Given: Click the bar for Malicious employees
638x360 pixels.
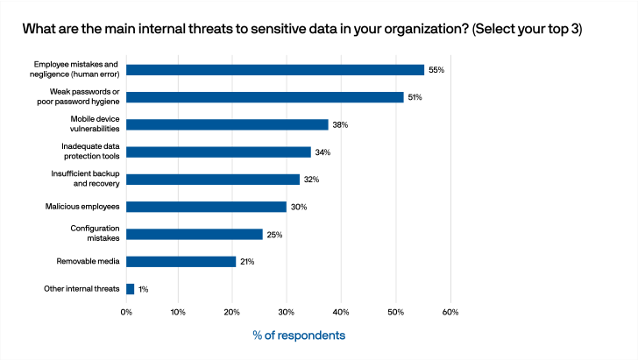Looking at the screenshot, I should (207, 207).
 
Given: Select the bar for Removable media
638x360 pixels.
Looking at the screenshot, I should (181, 261).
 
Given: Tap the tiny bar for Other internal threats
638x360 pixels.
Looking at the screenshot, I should (131, 288).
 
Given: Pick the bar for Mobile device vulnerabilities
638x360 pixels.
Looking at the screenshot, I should (228, 124).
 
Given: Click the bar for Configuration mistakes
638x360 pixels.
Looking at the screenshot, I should (195, 234).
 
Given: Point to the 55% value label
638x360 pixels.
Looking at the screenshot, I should (436, 70).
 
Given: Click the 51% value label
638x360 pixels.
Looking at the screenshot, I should (415, 97).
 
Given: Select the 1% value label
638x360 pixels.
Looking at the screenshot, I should (143, 289).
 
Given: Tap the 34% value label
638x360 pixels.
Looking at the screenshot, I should (323, 152).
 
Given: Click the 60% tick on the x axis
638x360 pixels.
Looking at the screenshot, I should (450, 312).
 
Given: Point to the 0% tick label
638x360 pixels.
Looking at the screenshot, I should (127, 312).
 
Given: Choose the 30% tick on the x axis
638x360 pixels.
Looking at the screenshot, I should (288, 312).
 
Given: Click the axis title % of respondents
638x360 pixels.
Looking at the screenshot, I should (299, 335).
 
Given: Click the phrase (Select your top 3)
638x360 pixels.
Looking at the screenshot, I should (527, 29).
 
